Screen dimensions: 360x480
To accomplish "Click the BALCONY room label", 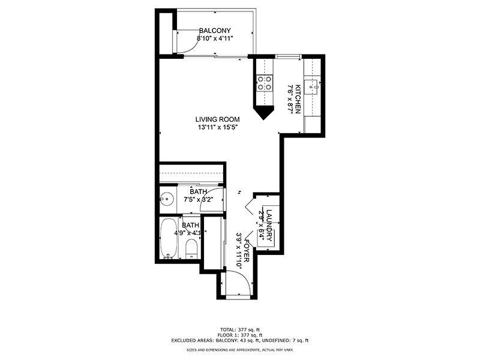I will pyautogui.click(x=215, y=31).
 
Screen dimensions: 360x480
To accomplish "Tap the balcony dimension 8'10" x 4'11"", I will pyautogui.click(x=215, y=38).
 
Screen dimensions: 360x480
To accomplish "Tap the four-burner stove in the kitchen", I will pyautogui.click(x=265, y=82).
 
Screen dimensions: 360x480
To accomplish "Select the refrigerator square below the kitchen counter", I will pyautogui.click(x=313, y=124).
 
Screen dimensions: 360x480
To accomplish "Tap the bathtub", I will pyautogui.click(x=167, y=238).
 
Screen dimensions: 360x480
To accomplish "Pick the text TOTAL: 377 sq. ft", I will pyautogui.click(x=239, y=329).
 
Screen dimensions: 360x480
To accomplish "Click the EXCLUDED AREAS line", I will pyautogui.click(x=239, y=340).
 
